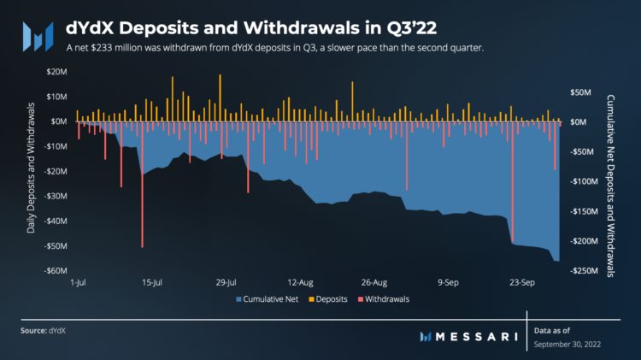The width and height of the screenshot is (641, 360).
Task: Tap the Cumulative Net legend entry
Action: click(x=265, y=299)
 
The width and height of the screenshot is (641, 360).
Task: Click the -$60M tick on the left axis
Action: click(x=54, y=271)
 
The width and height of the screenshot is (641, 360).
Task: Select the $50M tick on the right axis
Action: click(x=580, y=91)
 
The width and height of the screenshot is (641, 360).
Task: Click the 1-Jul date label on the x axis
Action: click(x=78, y=281)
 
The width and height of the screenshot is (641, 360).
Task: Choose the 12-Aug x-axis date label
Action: click(x=303, y=281)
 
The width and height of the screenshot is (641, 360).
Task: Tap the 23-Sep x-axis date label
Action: click(x=521, y=281)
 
